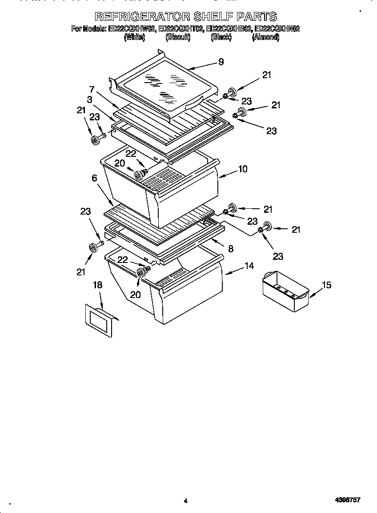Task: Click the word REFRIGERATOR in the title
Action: (143, 17)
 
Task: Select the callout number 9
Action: (221, 62)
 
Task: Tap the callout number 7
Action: (92, 89)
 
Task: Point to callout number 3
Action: (90, 100)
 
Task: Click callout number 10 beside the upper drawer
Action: (243, 169)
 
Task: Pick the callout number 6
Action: (94, 178)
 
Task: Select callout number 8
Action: (230, 249)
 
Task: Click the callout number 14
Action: (249, 266)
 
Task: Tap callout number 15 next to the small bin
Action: (326, 285)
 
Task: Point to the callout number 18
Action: (97, 285)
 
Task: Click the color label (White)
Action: (134, 38)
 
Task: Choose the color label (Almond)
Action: (265, 38)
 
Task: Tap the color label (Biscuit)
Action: (178, 38)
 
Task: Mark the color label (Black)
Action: (221, 38)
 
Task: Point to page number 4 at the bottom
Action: (185, 501)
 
